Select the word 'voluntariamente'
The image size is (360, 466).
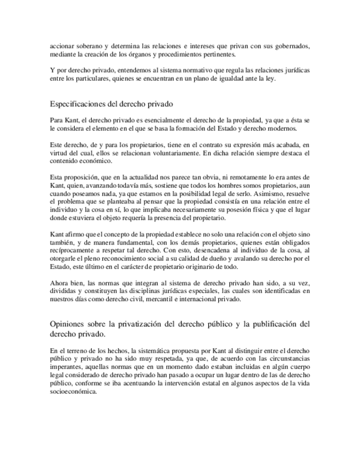click(x=168, y=153)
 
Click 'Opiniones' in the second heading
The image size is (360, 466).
click(x=68, y=324)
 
